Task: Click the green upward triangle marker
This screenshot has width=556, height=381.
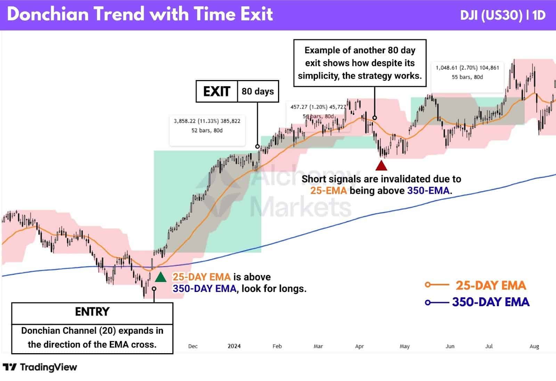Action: [x=160, y=277]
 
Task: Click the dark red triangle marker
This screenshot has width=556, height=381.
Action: [x=381, y=166]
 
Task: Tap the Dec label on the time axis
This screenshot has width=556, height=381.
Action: [x=193, y=346]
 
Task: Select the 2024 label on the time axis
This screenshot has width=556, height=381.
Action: [x=234, y=346]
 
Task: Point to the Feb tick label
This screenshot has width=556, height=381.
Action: [x=277, y=346]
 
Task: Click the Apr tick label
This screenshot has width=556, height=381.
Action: [x=359, y=346]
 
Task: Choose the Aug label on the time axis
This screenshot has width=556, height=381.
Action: [x=534, y=346]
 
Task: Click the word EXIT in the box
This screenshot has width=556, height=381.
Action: [x=216, y=92]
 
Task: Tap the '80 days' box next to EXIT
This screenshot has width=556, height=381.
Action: [x=258, y=92]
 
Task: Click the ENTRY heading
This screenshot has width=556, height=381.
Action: [x=92, y=312]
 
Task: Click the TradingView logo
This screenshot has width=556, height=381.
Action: [x=40, y=367]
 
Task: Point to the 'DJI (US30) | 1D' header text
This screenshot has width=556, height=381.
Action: [x=502, y=15]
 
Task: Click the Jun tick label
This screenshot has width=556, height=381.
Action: [x=450, y=346]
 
